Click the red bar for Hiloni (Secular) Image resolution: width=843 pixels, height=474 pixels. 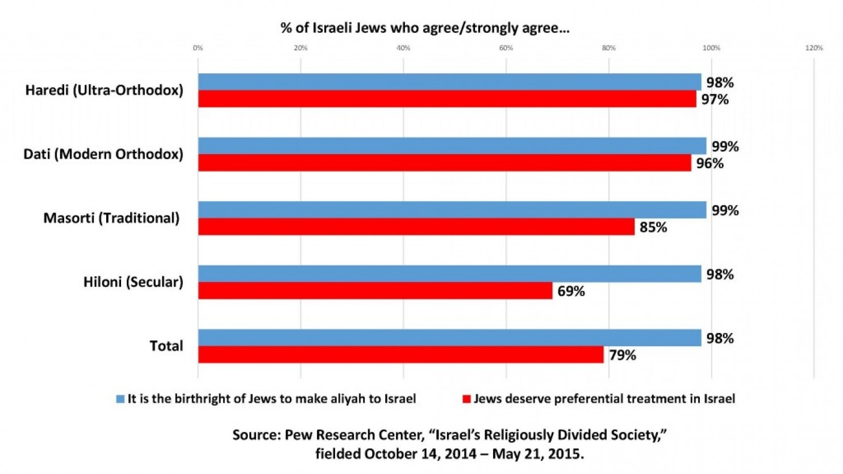375,290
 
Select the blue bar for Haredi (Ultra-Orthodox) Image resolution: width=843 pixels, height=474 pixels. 449,82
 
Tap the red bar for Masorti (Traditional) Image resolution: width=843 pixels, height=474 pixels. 416,227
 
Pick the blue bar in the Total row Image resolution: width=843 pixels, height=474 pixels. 449,338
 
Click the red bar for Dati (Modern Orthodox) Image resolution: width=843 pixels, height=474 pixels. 444,163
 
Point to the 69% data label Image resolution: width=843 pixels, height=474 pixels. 571,291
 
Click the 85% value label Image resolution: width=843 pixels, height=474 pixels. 653,227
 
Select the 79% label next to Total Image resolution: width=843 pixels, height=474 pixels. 622,355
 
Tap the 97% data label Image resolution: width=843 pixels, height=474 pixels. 714,99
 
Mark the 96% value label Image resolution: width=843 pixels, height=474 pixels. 710,164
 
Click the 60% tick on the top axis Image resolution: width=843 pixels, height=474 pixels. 506,48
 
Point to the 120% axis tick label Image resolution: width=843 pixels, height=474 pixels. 813,48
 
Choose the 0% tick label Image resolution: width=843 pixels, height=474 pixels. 198,48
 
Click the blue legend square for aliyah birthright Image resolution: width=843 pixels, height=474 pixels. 120,399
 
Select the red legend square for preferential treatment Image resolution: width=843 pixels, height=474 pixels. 466,399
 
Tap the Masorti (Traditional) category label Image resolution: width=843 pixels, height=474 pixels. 111,218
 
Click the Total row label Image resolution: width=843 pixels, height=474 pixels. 166,346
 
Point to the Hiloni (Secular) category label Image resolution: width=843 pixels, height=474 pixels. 133,282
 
